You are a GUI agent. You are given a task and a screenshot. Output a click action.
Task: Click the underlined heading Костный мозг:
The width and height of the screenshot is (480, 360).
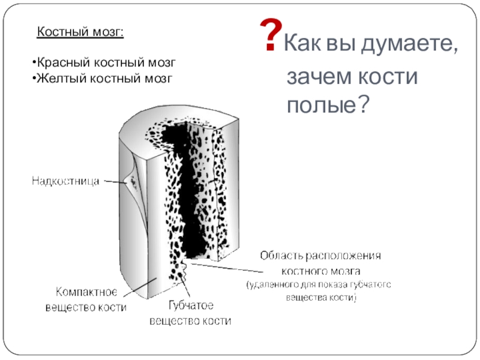click(81, 32)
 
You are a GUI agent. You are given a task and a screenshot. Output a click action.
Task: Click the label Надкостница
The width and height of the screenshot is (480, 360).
click(65, 180)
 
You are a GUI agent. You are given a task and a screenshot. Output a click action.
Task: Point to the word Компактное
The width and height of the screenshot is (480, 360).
click(86, 292)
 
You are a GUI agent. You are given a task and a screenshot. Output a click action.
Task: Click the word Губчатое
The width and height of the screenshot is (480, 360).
click(190, 305)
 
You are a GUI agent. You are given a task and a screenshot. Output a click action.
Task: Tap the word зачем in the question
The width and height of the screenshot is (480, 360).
click(315, 77)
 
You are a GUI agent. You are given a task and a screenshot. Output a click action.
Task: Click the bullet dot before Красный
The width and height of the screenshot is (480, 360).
click(34, 62)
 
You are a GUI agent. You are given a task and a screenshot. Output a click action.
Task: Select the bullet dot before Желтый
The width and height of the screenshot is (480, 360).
click(34, 77)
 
